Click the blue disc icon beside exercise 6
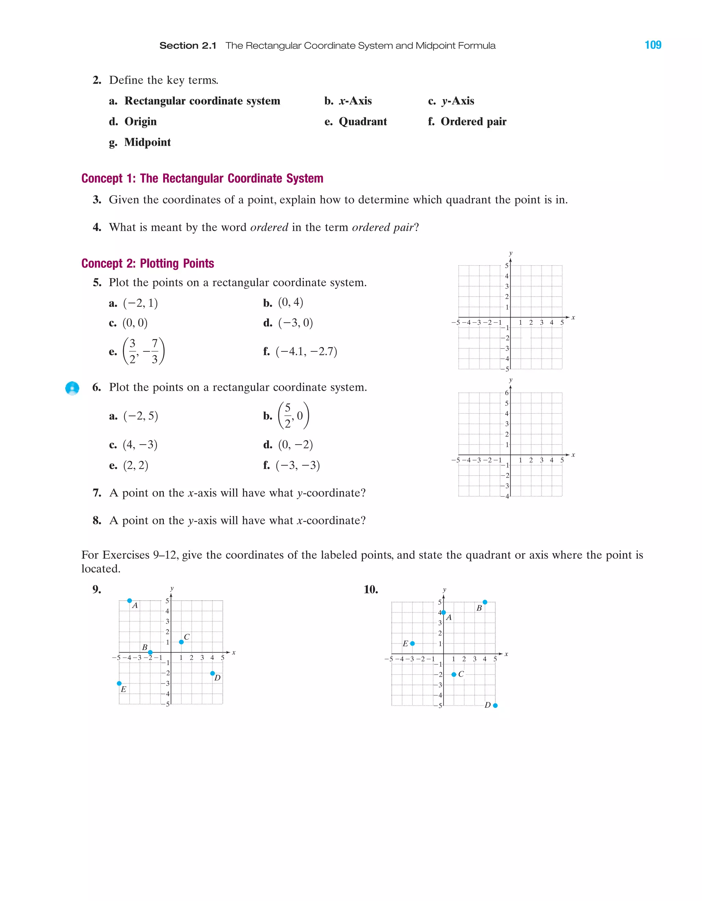(x=72, y=388)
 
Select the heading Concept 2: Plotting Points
(x=147, y=263)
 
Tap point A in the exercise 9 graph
(x=130, y=601)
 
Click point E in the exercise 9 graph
(x=119, y=684)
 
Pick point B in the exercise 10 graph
(x=485, y=602)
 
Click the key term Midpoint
(x=147, y=142)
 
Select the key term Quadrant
(x=363, y=122)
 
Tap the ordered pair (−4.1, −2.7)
(x=306, y=351)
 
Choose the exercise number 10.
(x=371, y=589)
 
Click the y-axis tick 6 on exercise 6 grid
(x=507, y=393)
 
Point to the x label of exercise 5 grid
(x=573, y=317)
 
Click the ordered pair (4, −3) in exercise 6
(x=140, y=445)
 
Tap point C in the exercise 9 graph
(x=181, y=642)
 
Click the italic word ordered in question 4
(x=269, y=227)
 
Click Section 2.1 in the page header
(x=188, y=46)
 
